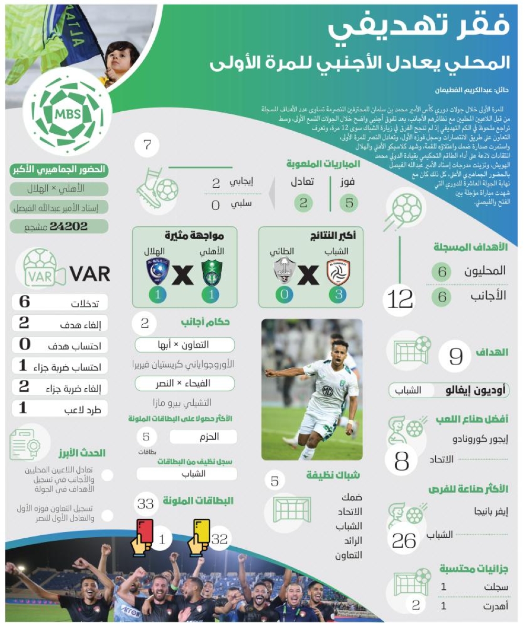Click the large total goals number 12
pyautogui.click(x=400, y=300)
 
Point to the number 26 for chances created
pyautogui.click(x=404, y=541)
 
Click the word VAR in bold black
pyautogui.click(x=90, y=273)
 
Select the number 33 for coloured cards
pyautogui.click(x=145, y=504)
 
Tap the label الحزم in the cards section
pyautogui.click(x=211, y=437)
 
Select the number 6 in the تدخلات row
pyautogui.click(x=24, y=302)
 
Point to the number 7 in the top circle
pyautogui.click(x=148, y=145)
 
